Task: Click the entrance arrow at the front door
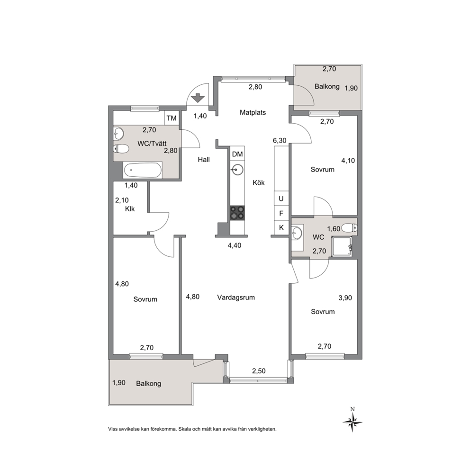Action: point(198,98)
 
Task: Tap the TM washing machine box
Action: point(172,118)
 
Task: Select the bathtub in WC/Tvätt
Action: point(143,170)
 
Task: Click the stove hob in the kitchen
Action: point(237,213)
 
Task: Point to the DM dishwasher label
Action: point(237,154)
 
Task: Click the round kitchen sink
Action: point(237,170)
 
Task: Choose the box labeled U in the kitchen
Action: point(281,199)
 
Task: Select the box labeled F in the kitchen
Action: point(281,213)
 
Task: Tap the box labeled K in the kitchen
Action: point(281,227)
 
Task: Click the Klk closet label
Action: point(130,209)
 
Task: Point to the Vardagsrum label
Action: point(236,298)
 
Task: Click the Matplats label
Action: point(253,112)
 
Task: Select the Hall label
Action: point(204,160)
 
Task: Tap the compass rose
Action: point(352,420)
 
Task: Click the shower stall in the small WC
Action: point(342,246)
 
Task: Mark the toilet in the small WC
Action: point(349,228)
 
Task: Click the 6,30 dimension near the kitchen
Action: point(280,140)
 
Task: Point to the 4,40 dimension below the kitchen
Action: point(235,246)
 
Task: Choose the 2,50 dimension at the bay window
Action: point(259,371)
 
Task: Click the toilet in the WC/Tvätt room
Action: point(121,148)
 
